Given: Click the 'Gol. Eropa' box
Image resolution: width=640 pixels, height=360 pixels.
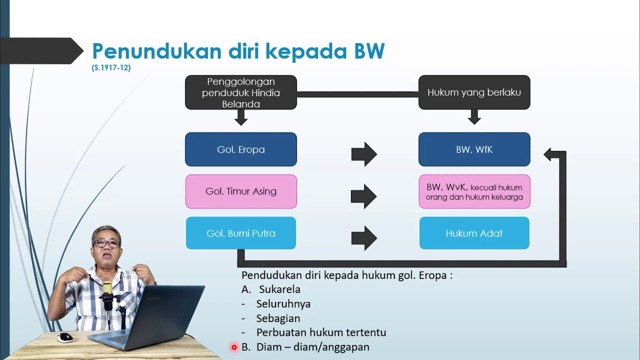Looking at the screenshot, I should coord(240,149).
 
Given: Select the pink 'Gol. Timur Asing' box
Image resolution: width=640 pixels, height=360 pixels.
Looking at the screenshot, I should coord(240,191).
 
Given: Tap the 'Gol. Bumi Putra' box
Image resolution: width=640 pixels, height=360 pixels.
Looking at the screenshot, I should coord(240,233).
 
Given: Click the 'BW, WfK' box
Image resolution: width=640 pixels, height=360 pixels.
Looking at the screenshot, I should coord(474,149).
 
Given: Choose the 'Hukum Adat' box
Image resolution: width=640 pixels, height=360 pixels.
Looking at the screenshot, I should coord(474,233).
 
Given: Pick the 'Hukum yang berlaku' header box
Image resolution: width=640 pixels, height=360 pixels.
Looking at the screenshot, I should coord(474,92).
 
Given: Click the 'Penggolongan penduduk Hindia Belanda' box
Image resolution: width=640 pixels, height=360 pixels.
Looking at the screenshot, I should coord(240,92).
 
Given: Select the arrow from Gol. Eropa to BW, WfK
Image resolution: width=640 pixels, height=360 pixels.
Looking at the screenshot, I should coord(363,154).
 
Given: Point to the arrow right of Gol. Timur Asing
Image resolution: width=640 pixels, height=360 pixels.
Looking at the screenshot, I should coord(363,196).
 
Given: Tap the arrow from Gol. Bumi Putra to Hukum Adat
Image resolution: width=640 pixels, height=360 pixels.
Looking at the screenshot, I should coord(363,238).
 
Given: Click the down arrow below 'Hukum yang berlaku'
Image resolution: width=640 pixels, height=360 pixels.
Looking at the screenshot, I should coord(474,117).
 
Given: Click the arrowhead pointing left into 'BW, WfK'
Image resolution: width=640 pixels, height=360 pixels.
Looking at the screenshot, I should coord(550,154).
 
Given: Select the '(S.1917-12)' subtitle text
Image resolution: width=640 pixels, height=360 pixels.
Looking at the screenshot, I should coord(111,68).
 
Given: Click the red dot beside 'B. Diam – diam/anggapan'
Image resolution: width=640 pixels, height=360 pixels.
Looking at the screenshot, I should coord(234,347).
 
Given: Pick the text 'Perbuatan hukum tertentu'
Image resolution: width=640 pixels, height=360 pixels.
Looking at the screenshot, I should coord(321,332).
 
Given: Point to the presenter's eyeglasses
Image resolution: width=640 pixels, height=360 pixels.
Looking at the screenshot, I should coord(106,244).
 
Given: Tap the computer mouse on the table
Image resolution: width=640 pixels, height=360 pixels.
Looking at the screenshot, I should coord(65,337).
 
